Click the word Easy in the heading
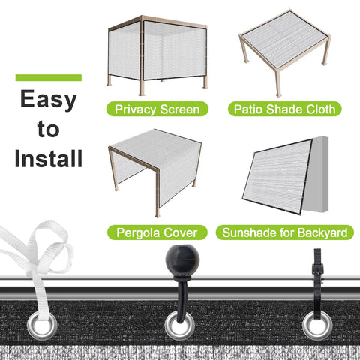pos(49,100)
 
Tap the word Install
pos(49,158)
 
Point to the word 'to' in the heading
pos(49,129)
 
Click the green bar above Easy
pos(49,77)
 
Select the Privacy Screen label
pos(157,109)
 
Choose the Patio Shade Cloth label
pos(285,109)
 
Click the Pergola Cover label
pos(157,232)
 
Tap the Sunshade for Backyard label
pos(285,232)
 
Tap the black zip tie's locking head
pos(318,269)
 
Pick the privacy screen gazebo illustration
pos(157,55)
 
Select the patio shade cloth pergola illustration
pos(285,53)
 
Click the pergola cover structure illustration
pos(155,172)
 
